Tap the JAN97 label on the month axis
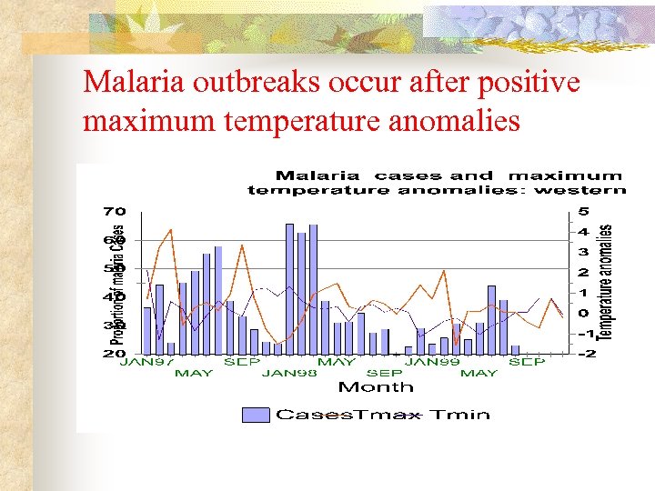tap(147, 362)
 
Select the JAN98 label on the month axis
tap(289, 373)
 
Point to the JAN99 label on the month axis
tap(430, 362)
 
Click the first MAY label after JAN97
tap(194, 373)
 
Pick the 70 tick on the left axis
tap(114, 212)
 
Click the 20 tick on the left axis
tap(114, 354)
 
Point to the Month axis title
tap(376, 387)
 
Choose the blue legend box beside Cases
tap(256, 416)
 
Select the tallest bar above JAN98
tap(289, 288)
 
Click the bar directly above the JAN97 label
tap(147, 330)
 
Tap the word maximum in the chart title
tap(566, 175)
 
